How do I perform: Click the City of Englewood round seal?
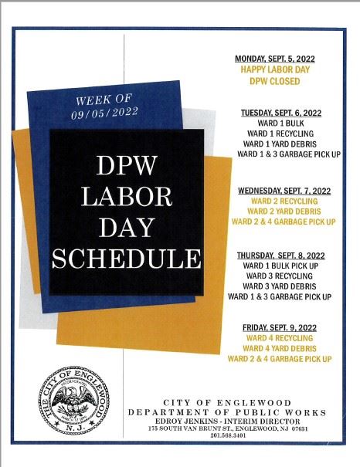coord(76,402)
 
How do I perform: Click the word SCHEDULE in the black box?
coord(126,258)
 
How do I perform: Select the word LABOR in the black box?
coord(126,196)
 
